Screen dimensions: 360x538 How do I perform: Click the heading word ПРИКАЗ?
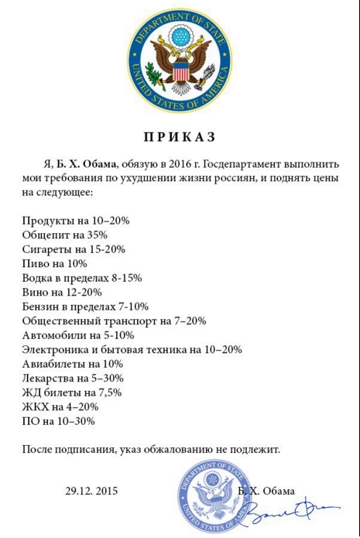tap(180, 137)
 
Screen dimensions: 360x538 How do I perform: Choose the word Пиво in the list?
tap(36, 262)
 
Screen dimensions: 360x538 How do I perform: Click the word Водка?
tap(38, 277)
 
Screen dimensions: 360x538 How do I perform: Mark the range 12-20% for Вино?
tap(84, 291)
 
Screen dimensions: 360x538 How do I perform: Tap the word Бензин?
tap(40, 306)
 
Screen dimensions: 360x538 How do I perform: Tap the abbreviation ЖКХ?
tap(34, 406)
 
